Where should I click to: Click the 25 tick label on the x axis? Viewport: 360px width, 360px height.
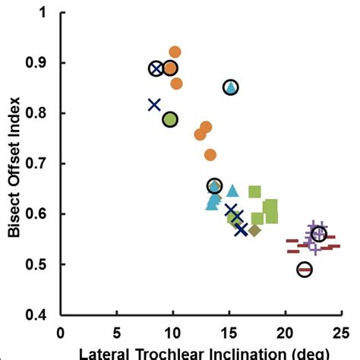click(339, 333)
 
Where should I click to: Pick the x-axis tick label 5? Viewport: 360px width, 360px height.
click(116, 333)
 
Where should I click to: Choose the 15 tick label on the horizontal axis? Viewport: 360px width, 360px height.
click(228, 333)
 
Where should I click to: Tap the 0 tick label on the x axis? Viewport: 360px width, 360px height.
click(61, 333)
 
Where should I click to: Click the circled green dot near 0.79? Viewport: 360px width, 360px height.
click(170, 119)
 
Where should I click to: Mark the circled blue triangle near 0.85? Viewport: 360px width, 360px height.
click(231, 88)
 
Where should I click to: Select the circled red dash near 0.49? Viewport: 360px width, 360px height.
click(305, 270)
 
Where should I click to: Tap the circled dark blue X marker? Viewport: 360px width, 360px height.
click(156, 69)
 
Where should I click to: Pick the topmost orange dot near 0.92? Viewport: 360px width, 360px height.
click(175, 52)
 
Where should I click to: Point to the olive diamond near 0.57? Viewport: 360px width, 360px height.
click(254, 230)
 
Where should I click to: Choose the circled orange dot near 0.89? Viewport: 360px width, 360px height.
click(170, 69)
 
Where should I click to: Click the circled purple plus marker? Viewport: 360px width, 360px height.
click(319, 235)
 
